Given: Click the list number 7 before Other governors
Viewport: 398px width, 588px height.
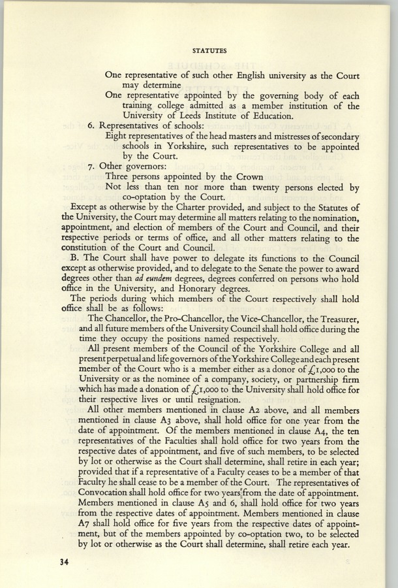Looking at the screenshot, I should [90, 166].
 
